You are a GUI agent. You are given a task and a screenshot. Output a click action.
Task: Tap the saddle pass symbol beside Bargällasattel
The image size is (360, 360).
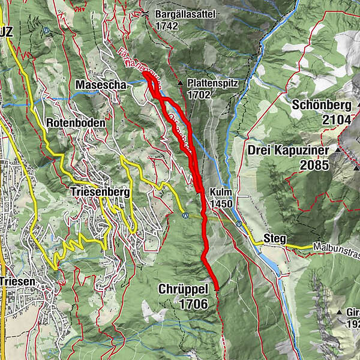coord(145,14)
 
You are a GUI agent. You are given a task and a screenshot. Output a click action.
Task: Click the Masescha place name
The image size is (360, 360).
coord(101,86)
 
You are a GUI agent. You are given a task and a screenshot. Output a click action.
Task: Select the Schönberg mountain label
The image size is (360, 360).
coord(322,105)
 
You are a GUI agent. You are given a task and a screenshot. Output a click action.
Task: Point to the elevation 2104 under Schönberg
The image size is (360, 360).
coord(335,119)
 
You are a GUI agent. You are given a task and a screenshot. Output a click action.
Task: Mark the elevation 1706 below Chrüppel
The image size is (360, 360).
coord(193,304)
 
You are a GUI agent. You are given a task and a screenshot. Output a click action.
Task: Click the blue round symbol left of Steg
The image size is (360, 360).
coord(239,224)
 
